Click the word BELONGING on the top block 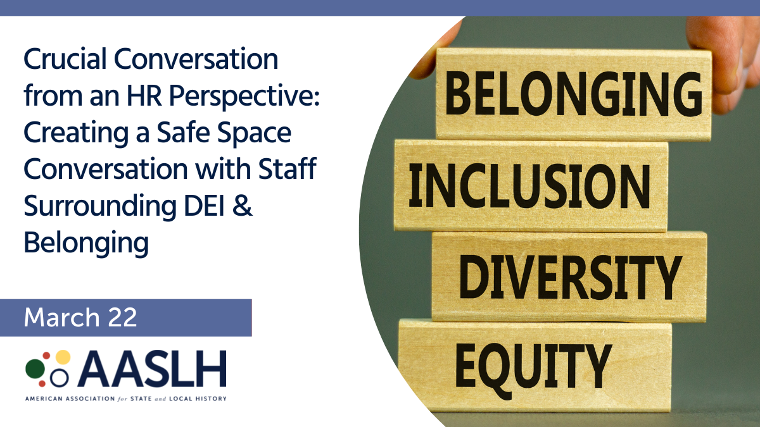pyautogui.click(x=573, y=94)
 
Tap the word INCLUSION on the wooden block pyautogui.click(x=529, y=185)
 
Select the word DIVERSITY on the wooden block pyautogui.click(x=571, y=277)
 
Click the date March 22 pyautogui.click(x=80, y=318)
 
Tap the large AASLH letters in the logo pyautogui.click(x=152, y=369)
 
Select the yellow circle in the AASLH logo pyautogui.click(x=63, y=357)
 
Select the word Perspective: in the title pyautogui.click(x=244, y=97)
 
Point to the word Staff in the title pyautogui.click(x=287, y=168)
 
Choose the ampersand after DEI pyautogui.click(x=242, y=206)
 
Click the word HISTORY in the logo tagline pyautogui.click(x=212, y=399)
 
